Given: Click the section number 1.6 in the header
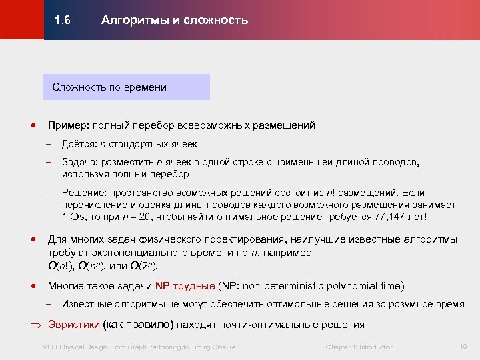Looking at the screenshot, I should click(x=63, y=20).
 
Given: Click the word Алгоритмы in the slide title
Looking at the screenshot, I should click(x=129, y=20).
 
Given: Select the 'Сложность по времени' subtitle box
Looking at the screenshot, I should click(x=125, y=87).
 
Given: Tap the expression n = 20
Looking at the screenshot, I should click(x=140, y=217).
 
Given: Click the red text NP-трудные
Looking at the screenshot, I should click(x=185, y=286).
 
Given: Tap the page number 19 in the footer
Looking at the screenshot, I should click(x=463, y=346).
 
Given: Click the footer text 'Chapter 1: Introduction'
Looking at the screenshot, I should click(x=359, y=347).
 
